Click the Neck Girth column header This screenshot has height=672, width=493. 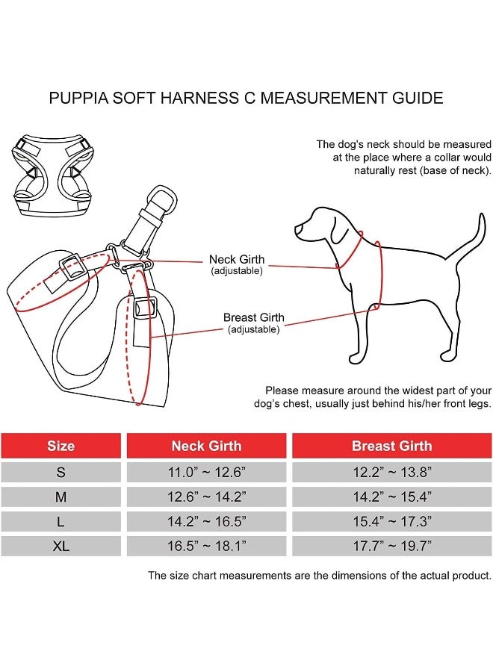(x=206, y=446)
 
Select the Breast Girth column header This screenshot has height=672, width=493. (x=391, y=446)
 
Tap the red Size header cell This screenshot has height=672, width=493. (x=61, y=446)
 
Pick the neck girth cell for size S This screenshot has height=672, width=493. (x=206, y=472)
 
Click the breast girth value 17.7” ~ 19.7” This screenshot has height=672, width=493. (x=391, y=546)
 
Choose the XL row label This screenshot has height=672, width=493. (x=61, y=546)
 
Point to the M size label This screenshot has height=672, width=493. (x=61, y=497)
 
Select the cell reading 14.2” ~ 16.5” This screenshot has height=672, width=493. (x=206, y=521)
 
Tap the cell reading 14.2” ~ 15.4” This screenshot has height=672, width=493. (x=391, y=497)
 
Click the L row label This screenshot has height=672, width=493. (x=61, y=521)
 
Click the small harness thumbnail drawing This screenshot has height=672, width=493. (x=52, y=176)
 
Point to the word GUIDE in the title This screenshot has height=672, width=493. (x=418, y=98)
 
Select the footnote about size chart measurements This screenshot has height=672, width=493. (x=320, y=576)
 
